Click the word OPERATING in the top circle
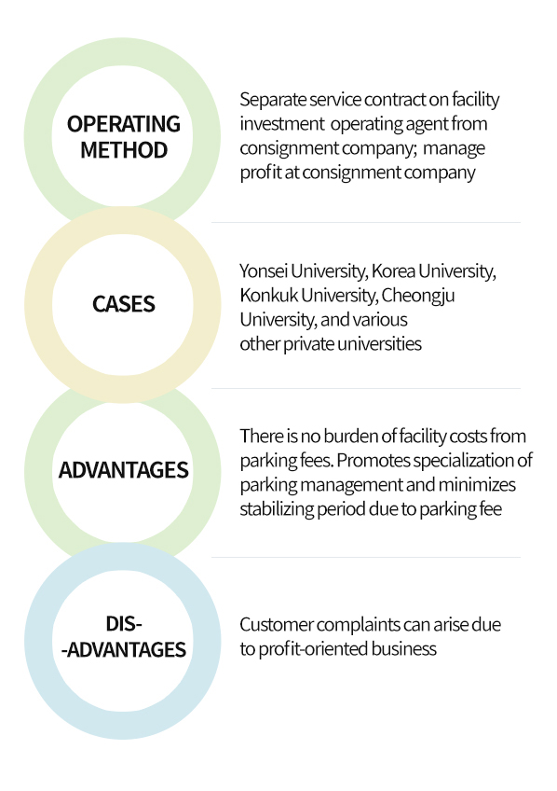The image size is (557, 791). pos(123,124)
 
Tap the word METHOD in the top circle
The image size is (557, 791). pos(124,150)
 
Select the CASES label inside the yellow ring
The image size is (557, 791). pos(123,304)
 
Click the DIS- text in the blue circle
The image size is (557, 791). pos(124,624)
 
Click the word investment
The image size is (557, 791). pos(282,124)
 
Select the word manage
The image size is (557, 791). pos(454,149)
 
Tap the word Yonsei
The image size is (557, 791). pos(264,271)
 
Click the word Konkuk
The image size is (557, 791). pos(269,295)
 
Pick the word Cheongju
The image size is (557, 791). pos(418,296)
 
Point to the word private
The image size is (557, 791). pos(308,344)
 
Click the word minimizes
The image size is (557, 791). pos(477,485)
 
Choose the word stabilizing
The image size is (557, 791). pos(277,510)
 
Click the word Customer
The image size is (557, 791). pos(277,625)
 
